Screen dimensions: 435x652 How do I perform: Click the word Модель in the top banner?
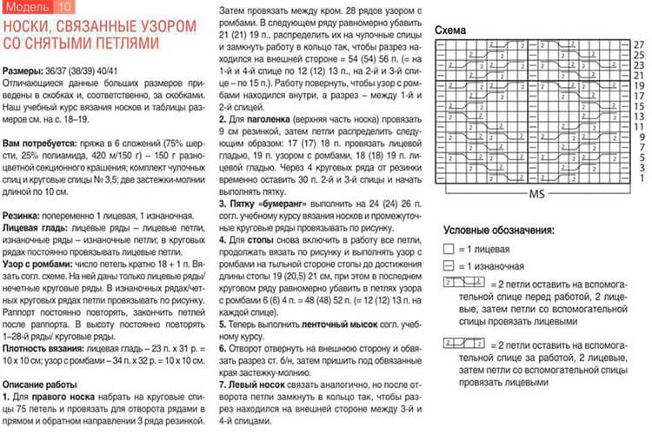pos(26,8)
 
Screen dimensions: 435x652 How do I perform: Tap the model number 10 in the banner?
pos(66,8)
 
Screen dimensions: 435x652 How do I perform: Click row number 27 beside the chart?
pos(638,43)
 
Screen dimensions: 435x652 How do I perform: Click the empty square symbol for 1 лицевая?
pos(448,249)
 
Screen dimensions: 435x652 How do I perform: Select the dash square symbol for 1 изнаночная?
pos(448,266)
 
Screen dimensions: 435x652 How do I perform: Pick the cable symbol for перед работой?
pos(464,284)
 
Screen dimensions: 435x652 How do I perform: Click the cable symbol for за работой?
pos(464,344)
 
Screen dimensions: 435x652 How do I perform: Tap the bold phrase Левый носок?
pos(256,383)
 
